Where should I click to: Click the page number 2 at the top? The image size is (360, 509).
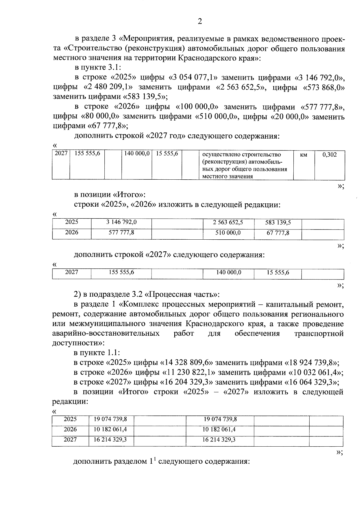[200, 21]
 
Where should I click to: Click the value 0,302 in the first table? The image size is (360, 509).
[329, 155]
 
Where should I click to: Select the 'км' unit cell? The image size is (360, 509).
[303, 155]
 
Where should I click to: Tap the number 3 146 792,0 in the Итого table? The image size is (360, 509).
[121, 222]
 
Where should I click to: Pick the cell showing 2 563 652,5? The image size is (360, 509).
[228, 223]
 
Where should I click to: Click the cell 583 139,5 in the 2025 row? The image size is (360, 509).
[278, 223]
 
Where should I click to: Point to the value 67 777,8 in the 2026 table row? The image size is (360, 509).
[278, 233]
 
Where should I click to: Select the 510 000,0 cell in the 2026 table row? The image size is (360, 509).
[228, 233]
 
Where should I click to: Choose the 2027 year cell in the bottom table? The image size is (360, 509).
[70, 439]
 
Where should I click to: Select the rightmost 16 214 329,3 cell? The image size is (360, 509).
[219, 439]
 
